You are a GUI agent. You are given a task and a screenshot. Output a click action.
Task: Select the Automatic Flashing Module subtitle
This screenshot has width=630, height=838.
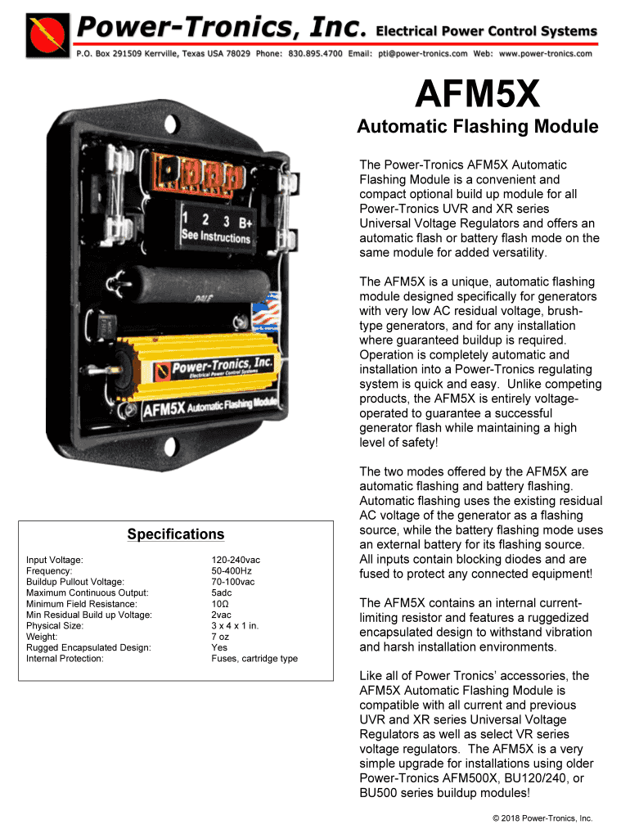pos(477,127)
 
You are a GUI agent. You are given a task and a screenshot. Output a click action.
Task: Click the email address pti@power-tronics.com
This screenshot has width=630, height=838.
pos(420,54)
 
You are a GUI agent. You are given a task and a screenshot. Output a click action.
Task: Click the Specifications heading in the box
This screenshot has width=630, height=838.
pos(175,534)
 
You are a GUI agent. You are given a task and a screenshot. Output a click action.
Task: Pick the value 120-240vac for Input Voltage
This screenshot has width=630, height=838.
pos(236,560)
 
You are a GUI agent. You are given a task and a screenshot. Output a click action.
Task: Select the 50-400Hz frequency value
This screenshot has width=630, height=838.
pos(232,571)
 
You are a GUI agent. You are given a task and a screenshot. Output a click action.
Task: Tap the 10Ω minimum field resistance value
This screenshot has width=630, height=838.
pos(220,604)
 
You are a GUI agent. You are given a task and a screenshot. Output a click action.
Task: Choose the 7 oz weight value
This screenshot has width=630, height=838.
pos(221,637)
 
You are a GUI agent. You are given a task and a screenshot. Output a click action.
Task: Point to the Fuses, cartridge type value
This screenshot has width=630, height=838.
pos(254,659)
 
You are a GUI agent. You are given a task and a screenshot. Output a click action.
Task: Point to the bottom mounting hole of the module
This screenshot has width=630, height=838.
pos(173,448)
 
